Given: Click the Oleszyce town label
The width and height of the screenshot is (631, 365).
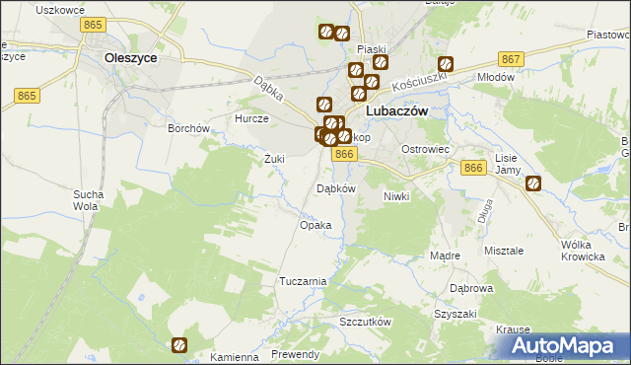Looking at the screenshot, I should [131, 58].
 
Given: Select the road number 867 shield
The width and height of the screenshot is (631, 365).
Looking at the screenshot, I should [510, 59].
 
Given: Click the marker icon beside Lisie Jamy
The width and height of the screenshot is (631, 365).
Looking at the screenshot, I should [533, 182].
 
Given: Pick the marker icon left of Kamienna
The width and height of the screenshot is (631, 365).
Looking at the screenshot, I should [180, 344].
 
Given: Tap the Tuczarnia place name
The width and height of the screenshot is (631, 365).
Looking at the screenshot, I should [302, 281].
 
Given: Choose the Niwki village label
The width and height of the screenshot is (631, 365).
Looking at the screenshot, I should [395, 196].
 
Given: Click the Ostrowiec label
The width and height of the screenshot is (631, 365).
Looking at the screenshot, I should [425, 149].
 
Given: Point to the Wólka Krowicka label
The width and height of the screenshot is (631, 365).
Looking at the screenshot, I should [582, 251].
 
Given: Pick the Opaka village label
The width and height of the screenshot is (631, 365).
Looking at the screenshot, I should [315, 225].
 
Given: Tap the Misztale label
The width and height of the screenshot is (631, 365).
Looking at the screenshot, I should [503, 251].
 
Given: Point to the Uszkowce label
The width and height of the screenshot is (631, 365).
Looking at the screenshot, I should [56, 9].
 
